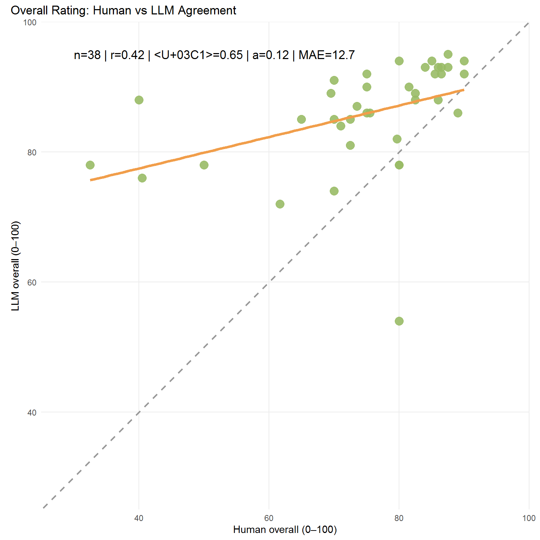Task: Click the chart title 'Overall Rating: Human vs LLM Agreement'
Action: tap(123, 11)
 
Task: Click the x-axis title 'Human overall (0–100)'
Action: tap(285, 529)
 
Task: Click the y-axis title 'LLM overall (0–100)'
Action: tap(15, 266)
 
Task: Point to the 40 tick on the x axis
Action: tap(139, 518)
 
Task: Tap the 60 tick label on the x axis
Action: tap(269, 518)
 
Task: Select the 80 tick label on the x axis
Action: tap(399, 518)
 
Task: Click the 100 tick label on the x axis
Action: tap(529, 518)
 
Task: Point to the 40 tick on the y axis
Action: tap(32, 412)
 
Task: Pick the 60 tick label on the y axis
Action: tap(32, 282)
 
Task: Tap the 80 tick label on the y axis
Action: tap(32, 152)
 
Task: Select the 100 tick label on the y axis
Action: tap(30, 22)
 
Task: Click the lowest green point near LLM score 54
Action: tap(399, 321)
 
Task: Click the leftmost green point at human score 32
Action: tap(90, 165)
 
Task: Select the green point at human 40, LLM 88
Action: tap(139, 100)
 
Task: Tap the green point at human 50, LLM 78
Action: tap(204, 165)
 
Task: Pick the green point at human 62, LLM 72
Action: tap(280, 204)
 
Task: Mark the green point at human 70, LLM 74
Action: tap(334, 191)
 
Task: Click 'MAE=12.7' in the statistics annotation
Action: tap(327, 55)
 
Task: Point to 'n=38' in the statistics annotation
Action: tap(87, 55)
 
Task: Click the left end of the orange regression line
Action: tap(91, 180)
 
